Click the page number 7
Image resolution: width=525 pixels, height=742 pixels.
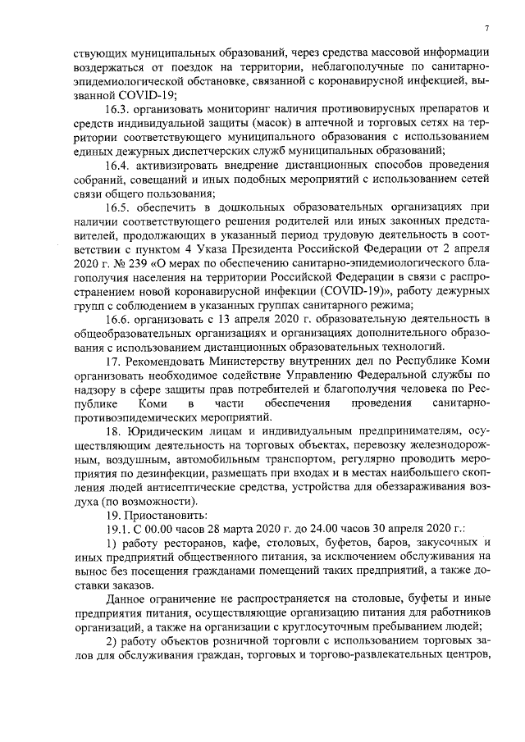coord(486,29)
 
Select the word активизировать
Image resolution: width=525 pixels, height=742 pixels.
coord(179,165)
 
